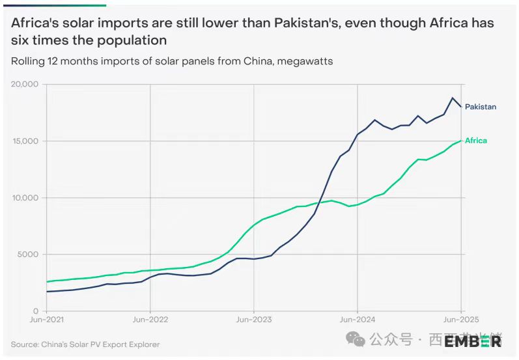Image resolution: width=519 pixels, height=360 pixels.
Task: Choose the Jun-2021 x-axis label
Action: click(47, 320)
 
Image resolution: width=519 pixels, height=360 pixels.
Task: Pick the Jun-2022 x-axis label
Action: click(150, 320)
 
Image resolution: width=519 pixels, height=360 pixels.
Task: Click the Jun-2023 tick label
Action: click(253, 320)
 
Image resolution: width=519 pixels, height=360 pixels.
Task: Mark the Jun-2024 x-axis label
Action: click(357, 320)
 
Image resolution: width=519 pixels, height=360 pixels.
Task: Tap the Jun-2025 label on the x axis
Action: click(460, 320)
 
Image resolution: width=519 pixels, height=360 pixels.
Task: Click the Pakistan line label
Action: click(480, 107)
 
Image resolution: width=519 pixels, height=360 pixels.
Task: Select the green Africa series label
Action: click(475, 141)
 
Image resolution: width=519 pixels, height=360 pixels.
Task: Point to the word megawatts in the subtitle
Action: click(307, 61)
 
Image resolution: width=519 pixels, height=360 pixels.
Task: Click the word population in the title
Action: click(133, 40)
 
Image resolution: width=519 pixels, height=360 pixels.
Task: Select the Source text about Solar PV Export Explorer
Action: click(85, 344)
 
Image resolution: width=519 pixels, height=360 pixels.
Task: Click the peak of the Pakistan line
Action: click(452, 98)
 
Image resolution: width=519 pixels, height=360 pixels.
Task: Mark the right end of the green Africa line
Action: click(461, 141)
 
